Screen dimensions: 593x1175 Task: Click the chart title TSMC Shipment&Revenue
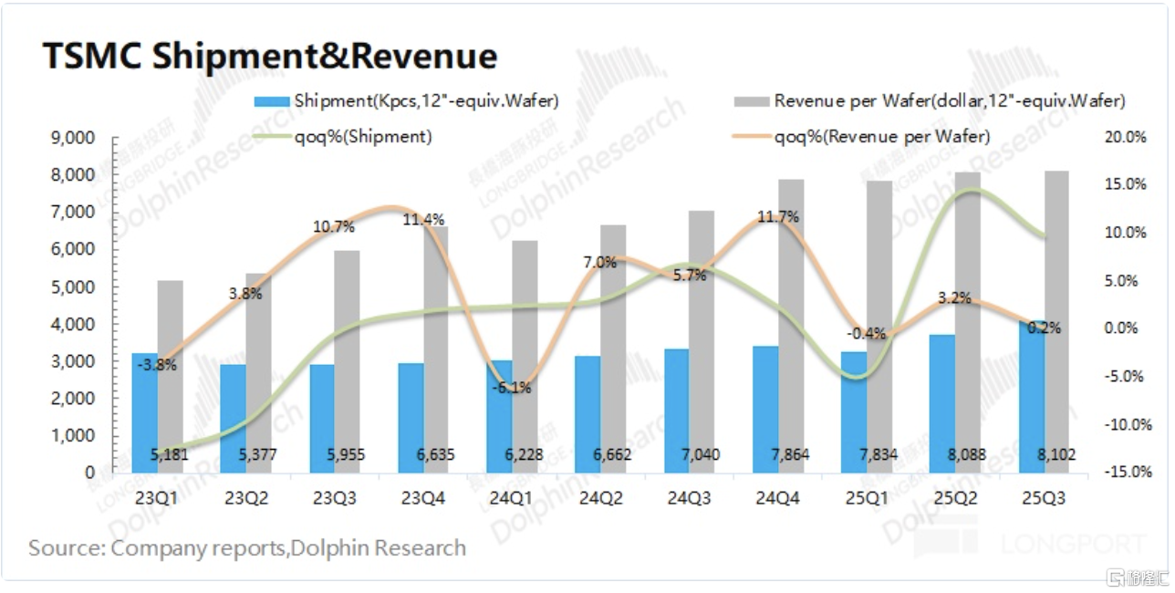[x=270, y=57]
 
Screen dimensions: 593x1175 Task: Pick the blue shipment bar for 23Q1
[x=144, y=411]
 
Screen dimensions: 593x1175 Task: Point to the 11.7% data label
[x=778, y=217]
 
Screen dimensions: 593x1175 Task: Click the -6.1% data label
[x=513, y=388]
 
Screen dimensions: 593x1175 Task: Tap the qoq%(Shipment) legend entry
[x=362, y=137]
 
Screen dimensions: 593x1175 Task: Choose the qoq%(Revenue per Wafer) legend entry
[x=881, y=137]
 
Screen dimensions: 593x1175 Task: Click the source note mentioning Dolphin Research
[x=247, y=548]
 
